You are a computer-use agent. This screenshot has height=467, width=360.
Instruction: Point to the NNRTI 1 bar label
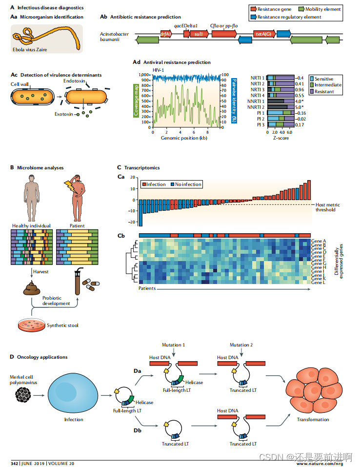click(257, 101)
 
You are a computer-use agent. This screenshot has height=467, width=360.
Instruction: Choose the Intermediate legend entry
click(328, 85)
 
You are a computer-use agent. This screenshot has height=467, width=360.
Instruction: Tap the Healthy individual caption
click(31, 226)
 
